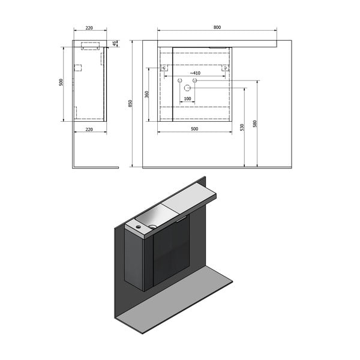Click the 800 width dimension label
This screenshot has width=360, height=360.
(x=217, y=26)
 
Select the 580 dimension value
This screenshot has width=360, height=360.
(x=255, y=124)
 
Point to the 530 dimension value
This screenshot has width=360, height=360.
(x=242, y=127)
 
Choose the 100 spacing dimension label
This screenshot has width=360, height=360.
(x=187, y=98)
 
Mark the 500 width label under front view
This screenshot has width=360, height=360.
(x=194, y=129)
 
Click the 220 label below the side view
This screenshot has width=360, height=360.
(x=89, y=129)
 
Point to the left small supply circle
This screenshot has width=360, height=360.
(x=179, y=79)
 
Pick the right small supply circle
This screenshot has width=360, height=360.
(x=194, y=79)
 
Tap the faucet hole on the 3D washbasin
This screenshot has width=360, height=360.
(x=138, y=227)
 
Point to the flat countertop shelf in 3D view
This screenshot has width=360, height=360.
(x=192, y=197)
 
